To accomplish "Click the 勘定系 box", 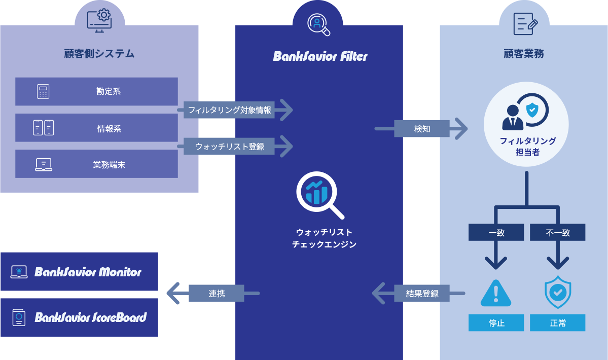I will coord(96,92).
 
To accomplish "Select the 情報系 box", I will coord(96,128).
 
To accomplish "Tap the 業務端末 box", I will coord(96,164).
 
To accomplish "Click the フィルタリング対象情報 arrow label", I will coord(229,110).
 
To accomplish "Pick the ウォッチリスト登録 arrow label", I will coord(229,147).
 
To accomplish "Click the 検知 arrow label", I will coord(422,129).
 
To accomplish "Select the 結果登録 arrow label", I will coord(422,293).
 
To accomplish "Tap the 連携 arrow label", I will coord(217,293).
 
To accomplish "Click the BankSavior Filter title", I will coord(320,56).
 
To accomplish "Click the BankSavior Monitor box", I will coord(80,272).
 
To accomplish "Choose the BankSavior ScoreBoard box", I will coord(80,317).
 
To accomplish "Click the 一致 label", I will coord(496,233).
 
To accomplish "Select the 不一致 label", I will coord(558,233).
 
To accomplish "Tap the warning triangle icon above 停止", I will coord(496,294).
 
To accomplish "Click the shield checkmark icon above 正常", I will coord(558,293).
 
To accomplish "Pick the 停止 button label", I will coord(496,323).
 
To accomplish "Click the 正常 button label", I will coord(558,323).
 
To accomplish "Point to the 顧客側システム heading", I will coord(99,54).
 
